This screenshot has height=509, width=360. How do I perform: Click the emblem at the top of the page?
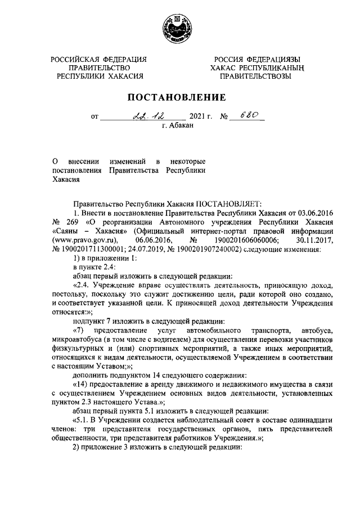click(x=179, y=28)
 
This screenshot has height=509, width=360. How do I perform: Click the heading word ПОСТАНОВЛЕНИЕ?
click(x=179, y=97)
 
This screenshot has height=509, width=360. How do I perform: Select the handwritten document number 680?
click(x=249, y=115)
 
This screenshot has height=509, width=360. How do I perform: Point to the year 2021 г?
click(x=201, y=117)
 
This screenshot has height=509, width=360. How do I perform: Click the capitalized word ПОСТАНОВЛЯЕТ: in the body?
click(x=225, y=204)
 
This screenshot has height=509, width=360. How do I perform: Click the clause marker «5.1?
click(x=80, y=421)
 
